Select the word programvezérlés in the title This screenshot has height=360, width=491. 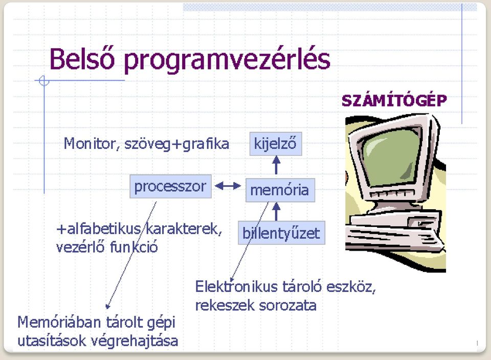[x=227, y=61]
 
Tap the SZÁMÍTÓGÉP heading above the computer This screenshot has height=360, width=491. [x=394, y=101]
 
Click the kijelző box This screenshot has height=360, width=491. [x=276, y=144]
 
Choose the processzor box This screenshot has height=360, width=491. [x=171, y=186]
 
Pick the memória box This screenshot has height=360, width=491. [x=280, y=190]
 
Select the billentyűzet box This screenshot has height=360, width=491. [x=281, y=233]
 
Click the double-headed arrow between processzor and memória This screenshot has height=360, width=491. [x=228, y=186]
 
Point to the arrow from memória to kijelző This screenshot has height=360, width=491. [x=276, y=165]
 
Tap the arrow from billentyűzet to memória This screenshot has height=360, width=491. [x=276, y=212]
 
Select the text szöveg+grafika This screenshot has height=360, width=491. [x=176, y=144]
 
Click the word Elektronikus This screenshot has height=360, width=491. [x=236, y=286]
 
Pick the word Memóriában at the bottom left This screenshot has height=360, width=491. [x=59, y=322]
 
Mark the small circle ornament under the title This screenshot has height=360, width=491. [x=44, y=81]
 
